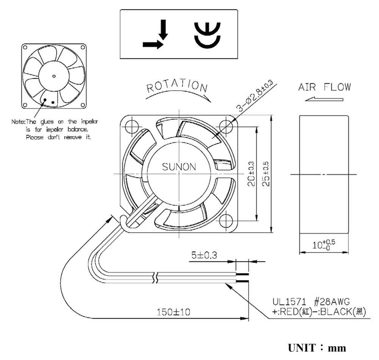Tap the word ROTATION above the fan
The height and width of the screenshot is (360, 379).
(177, 87)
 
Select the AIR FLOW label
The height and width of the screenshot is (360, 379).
(324, 87)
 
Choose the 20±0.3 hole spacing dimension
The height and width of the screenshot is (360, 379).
(251, 174)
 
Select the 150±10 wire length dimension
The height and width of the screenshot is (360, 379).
(174, 312)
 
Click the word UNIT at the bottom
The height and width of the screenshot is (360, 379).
(302, 347)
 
